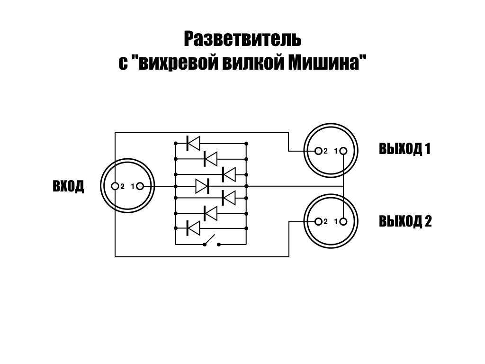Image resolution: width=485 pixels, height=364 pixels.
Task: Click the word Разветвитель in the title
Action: click(x=242, y=39)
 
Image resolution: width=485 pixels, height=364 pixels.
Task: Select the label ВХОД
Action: click(x=69, y=186)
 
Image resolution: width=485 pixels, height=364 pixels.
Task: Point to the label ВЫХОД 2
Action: click(x=405, y=221)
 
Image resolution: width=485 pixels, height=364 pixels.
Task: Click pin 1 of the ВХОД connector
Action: click(x=140, y=186)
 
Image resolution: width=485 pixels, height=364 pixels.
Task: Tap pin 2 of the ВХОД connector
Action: click(x=115, y=186)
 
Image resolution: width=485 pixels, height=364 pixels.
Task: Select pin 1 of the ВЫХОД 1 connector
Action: click(x=343, y=151)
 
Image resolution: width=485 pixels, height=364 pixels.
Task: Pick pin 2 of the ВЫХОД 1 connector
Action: click(x=318, y=151)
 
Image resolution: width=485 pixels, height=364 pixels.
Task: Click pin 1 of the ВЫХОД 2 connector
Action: click(x=343, y=221)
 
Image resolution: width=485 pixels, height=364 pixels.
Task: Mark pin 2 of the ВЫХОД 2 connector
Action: click(x=318, y=221)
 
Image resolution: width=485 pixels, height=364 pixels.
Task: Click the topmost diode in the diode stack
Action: click(x=193, y=143)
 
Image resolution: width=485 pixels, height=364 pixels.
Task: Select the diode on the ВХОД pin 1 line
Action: click(x=203, y=186)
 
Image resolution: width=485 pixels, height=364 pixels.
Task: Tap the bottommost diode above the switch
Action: click(x=193, y=228)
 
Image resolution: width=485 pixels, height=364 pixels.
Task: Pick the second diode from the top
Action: click(x=210, y=158)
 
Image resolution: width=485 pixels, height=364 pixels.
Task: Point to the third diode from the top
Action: click(x=229, y=174)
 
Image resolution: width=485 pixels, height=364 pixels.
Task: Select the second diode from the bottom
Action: click(x=210, y=213)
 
